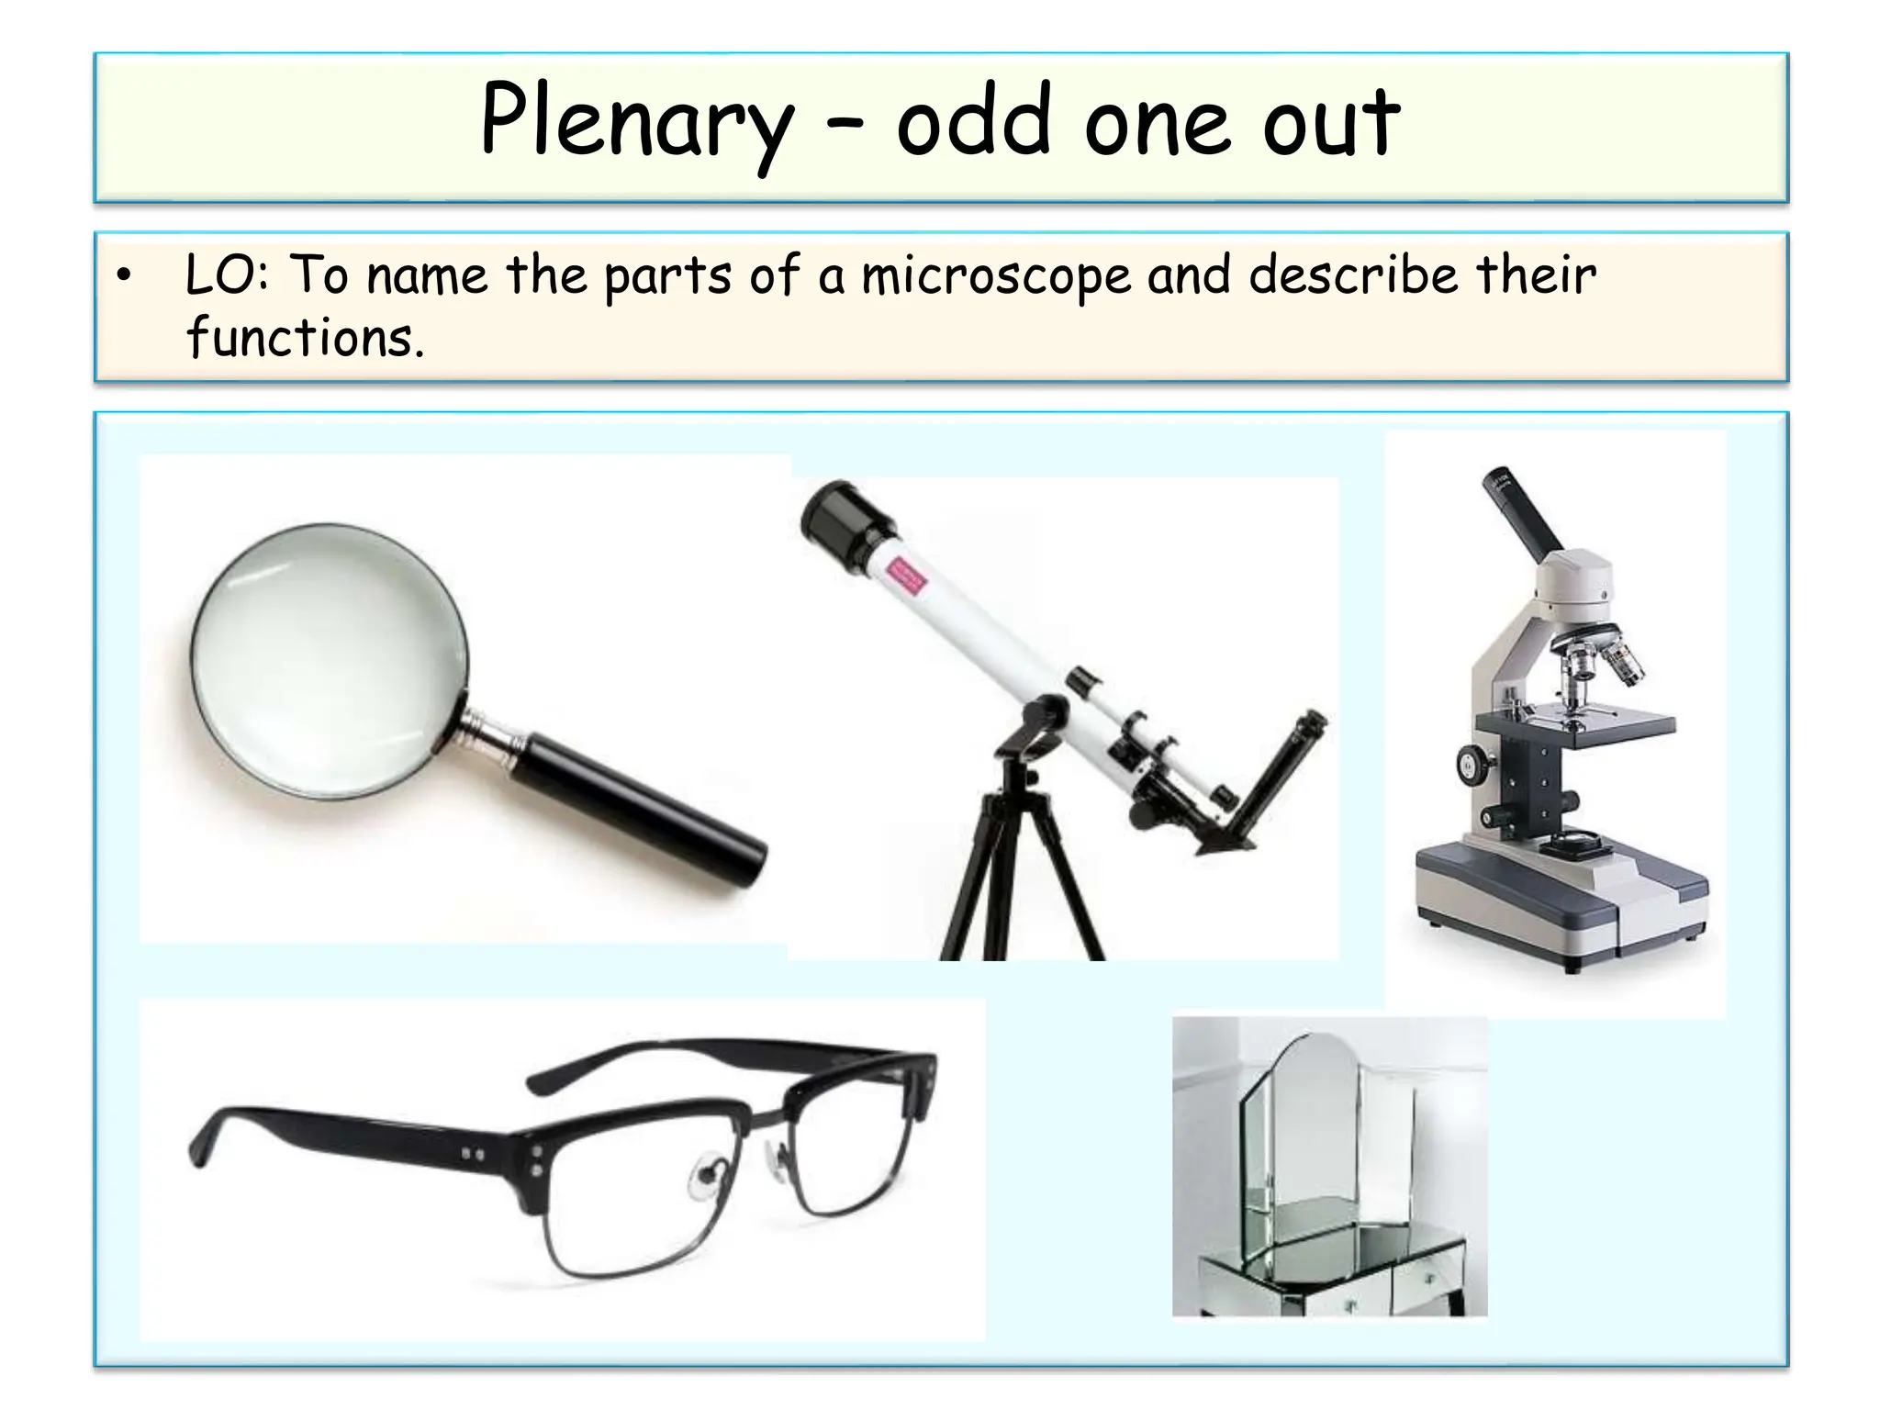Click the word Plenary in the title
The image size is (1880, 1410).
(635, 123)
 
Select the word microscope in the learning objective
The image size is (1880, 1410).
(996, 275)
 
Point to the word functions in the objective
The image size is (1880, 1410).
(305, 338)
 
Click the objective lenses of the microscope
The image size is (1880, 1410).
(1597, 671)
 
